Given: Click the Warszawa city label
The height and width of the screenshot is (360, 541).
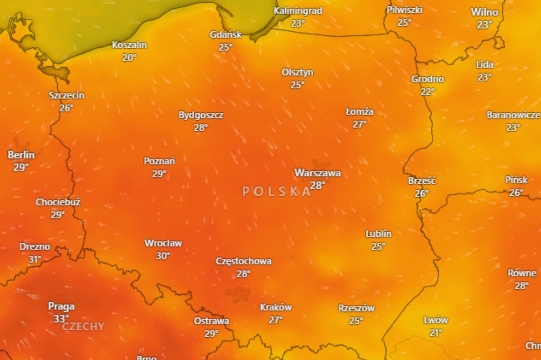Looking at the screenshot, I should (x=317, y=173).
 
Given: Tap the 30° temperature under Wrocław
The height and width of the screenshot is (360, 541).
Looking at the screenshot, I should (x=163, y=256).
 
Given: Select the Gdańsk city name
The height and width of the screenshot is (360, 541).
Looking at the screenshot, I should (x=226, y=35).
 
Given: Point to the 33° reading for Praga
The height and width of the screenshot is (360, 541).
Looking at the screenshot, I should (x=61, y=319).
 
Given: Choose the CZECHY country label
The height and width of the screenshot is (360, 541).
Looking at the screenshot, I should (x=83, y=326).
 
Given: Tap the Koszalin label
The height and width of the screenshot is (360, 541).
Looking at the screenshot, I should (x=129, y=45).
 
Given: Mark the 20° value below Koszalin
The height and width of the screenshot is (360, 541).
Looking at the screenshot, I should (x=129, y=58).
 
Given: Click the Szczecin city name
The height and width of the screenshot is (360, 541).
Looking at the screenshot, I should (x=67, y=95).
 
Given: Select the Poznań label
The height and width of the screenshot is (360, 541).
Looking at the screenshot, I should (x=159, y=161).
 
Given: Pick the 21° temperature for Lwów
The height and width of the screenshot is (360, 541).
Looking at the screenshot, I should (x=436, y=333).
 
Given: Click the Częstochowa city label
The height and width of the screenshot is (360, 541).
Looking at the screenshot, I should (x=243, y=261).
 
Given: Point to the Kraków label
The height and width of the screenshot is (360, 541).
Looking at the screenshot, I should (x=276, y=307).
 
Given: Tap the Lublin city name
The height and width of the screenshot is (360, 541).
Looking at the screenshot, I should (x=378, y=234).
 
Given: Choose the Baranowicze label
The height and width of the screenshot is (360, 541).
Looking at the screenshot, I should (x=513, y=115).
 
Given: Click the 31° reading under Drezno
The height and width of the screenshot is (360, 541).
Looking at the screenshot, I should (x=35, y=259).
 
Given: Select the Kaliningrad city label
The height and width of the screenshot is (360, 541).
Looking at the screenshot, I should (x=298, y=11).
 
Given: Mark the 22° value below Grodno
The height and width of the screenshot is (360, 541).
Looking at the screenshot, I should (x=427, y=92).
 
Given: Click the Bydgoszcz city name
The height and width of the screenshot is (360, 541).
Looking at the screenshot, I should (x=201, y=115).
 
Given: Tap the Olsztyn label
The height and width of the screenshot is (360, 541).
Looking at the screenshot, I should (x=298, y=72).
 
